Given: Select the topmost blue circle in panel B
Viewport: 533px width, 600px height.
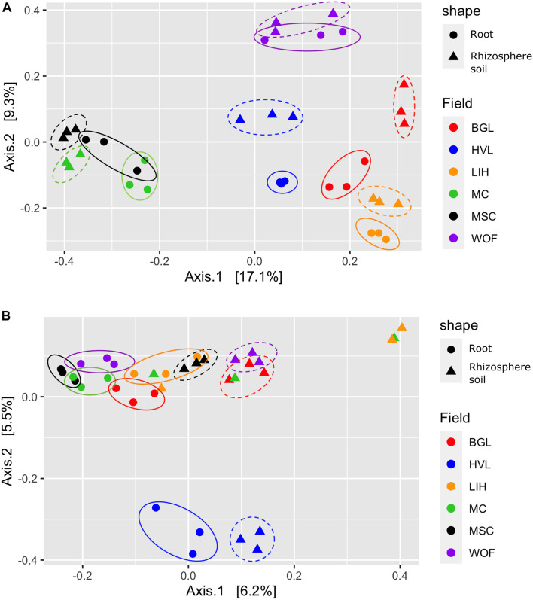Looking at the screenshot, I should coord(156,508).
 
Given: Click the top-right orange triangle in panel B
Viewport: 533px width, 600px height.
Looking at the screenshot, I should coord(402,327).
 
